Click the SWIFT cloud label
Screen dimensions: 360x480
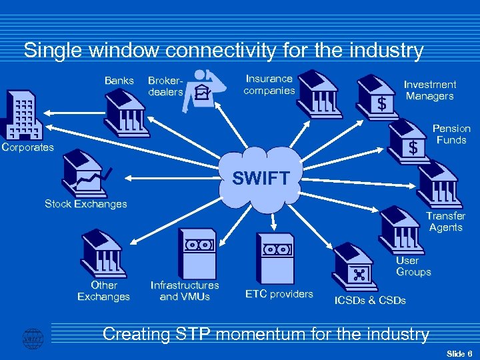(x=261, y=178)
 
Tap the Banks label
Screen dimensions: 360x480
(x=119, y=81)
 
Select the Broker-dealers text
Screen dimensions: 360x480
(x=165, y=86)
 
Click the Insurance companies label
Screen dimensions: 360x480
(x=269, y=85)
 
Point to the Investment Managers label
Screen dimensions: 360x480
(x=430, y=90)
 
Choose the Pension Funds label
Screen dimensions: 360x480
(x=451, y=134)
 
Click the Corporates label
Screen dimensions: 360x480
(x=27, y=147)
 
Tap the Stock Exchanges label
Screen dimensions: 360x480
(x=85, y=204)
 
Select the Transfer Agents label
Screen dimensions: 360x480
(x=445, y=221)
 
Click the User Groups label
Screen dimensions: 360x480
(x=413, y=266)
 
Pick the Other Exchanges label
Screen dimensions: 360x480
(x=103, y=291)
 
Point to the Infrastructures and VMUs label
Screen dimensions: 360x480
(x=185, y=291)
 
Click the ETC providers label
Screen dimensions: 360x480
(x=279, y=294)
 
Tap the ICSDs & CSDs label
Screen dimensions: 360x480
(x=370, y=301)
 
